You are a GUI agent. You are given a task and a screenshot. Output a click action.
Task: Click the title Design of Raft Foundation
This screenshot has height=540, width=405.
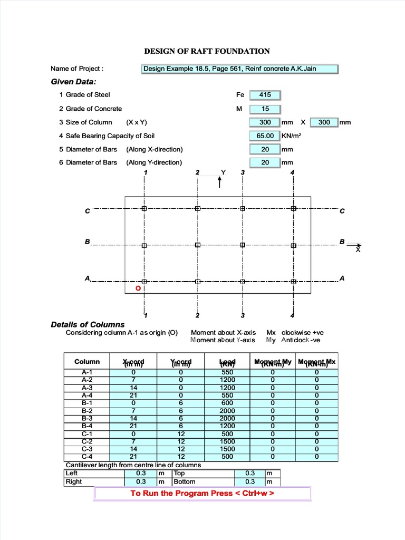coord(207,51)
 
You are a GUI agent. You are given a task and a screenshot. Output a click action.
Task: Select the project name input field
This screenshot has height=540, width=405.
coord(240,69)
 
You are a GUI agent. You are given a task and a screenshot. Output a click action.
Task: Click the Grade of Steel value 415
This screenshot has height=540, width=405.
coord(265,95)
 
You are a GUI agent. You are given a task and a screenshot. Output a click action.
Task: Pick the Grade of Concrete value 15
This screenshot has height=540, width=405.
coord(265,109)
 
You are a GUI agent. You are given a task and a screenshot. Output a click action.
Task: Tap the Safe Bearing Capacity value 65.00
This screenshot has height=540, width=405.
coord(265,136)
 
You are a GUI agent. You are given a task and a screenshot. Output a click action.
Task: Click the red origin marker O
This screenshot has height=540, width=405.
coord(138,289)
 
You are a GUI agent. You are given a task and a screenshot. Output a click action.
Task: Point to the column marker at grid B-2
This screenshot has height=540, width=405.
coord(198,245)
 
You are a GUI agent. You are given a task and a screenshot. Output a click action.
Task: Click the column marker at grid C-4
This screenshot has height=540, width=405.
coord(294,209)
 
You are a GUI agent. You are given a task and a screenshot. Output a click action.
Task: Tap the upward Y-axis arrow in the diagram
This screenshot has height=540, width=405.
coord(220,181)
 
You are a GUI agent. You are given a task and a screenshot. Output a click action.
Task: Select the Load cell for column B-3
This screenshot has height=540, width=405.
coord(227,418)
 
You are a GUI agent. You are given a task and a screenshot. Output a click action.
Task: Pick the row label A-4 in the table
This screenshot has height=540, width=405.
coord(87,395)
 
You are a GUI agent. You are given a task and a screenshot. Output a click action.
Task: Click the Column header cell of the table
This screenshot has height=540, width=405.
coord(87,362)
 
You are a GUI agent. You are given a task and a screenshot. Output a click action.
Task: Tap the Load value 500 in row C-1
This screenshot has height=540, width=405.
coord(227,433)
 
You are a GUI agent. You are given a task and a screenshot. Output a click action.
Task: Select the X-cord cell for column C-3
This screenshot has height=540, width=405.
coord(133,449)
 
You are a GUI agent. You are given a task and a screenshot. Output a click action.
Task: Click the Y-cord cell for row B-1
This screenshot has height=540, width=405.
coord(181,403)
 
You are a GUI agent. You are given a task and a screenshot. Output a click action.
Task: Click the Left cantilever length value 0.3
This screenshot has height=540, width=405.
coord(141,474)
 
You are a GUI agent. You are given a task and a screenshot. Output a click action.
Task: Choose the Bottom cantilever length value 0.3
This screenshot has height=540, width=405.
coord(250,481)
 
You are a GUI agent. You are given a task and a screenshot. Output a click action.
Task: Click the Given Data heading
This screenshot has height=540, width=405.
coord(73,82)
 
